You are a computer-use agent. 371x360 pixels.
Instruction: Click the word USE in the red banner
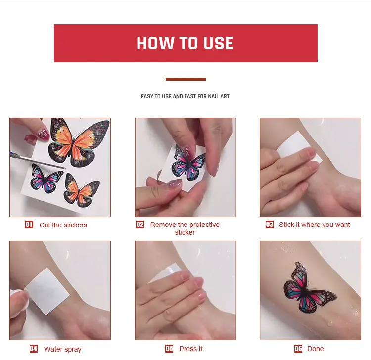[x=218, y=43]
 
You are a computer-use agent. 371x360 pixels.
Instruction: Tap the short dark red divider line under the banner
[x=185, y=79]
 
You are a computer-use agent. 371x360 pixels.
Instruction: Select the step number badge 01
[x=29, y=225]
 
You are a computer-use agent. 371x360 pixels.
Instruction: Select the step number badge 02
[x=140, y=224]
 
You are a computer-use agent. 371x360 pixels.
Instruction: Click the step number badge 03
[x=270, y=224]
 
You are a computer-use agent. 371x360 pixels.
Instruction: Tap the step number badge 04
[x=34, y=349]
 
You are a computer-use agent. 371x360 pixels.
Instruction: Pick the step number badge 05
[x=169, y=349]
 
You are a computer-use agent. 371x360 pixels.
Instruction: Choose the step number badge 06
[x=298, y=349]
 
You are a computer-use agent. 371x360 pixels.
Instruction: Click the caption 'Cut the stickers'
[x=63, y=225]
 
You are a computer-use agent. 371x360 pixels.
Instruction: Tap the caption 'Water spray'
[x=63, y=349]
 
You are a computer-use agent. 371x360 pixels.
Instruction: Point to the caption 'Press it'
[x=191, y=349]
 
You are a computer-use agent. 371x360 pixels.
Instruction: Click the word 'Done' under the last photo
[x=316, y=349]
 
